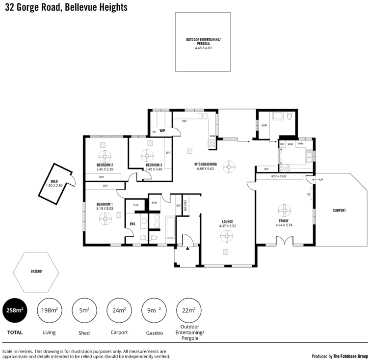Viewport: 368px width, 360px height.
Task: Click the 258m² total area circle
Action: pos(15,310)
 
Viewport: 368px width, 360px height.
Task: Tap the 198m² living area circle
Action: pos(50,310)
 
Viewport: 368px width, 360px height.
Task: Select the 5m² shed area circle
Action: pos(84,310)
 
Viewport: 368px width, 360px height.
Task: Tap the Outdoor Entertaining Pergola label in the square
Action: pos(203,43)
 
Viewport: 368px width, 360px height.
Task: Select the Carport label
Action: pos(340,210)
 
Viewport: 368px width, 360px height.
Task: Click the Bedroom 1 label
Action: pos(105,205)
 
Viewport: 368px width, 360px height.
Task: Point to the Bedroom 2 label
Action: pos(105,166)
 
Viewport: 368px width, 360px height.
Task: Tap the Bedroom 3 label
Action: pos(153,166)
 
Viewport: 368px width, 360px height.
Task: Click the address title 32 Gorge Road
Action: pos(66,8)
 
